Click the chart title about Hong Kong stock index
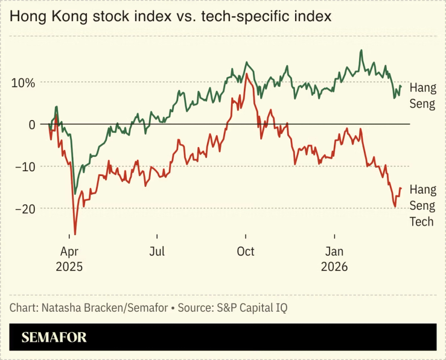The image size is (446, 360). (170, 17)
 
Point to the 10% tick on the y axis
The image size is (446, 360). (22, 82)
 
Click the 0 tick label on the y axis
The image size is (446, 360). (31, 124)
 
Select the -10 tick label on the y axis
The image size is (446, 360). (25, 166)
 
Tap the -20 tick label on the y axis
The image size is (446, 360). (25, 209)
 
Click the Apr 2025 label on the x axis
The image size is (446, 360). (71, 259)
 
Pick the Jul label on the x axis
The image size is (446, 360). (158, 251)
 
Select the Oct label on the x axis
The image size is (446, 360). (246, 251)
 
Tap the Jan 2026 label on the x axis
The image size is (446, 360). (335, 259)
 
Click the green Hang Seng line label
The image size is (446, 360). (422, 95)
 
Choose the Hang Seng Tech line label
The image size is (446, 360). (422, 206)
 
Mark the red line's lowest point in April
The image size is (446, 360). (75, 234)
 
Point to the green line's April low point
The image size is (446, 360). (75, 194)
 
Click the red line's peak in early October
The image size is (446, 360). (247, 74)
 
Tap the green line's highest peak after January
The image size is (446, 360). (361, 50)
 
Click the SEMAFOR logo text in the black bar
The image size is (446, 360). (54, 338)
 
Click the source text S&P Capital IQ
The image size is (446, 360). (250, 308)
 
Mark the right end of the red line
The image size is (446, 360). (401, 188)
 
